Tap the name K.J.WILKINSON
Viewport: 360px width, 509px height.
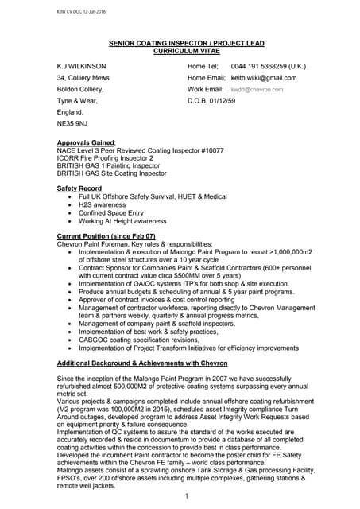click(x=82, y=66)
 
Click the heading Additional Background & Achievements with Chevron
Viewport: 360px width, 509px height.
click(x=147, y=362)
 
